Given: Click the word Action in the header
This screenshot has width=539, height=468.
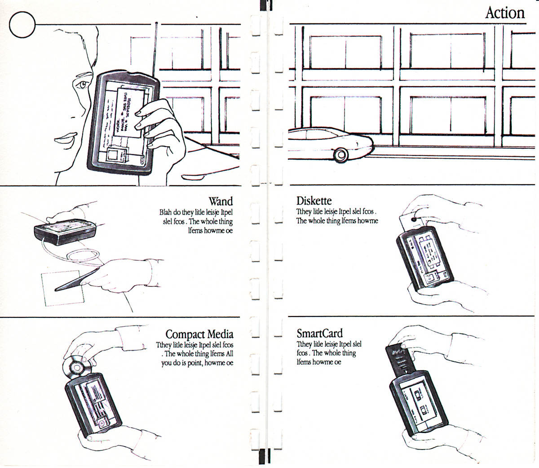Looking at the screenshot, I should [505, 13].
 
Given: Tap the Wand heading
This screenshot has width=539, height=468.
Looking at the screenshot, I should [221, 201].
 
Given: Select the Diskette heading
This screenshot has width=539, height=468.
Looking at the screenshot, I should [314, 201].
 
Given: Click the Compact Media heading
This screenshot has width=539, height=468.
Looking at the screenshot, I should [199, 334].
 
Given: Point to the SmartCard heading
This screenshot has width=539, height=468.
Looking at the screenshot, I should [319, 333].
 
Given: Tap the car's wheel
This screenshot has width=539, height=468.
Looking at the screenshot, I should [341, 155].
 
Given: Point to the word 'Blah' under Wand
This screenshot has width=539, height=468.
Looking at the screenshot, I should [166, 212].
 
